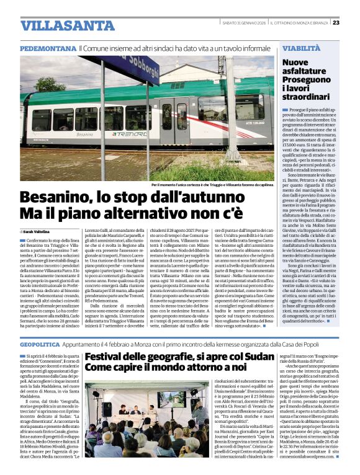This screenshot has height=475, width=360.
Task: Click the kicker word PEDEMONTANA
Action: click(48, 48)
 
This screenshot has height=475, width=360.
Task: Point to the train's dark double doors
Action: click(174, 118)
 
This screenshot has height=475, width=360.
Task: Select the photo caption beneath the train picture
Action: click(212, 185)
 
